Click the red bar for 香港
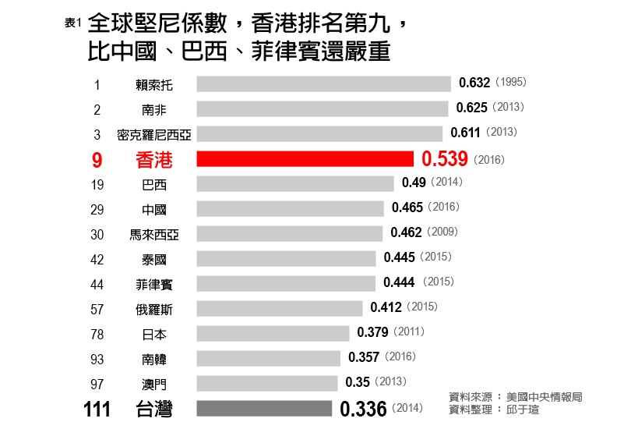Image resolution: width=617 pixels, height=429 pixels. [x=305, y=159]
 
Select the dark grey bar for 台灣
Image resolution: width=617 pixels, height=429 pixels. [x=264, y=409]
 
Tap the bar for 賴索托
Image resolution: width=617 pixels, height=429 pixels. [x=323, y=83]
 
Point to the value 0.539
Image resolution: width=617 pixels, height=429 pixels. [x=444, y=159]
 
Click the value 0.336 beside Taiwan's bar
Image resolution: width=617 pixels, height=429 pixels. [x=363, y=409]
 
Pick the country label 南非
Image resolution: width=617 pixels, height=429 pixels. [x=153, y=109]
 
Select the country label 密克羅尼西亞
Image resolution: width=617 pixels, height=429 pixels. [x=153, y=134]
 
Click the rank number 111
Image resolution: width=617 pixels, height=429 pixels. [x=97, y=409]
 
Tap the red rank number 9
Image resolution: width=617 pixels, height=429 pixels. [x=97, y=160]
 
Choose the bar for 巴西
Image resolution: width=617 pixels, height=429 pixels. [x=295, y=184]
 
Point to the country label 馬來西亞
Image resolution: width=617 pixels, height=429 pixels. [x=153, y=234]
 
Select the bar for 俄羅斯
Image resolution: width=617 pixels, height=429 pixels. [x=280, y=309]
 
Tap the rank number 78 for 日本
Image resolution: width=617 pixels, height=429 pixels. [x=97, y=334]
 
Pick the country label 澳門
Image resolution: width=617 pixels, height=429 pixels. [x=153, y=384]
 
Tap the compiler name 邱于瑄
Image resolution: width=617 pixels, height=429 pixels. [x=522, y=409]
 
